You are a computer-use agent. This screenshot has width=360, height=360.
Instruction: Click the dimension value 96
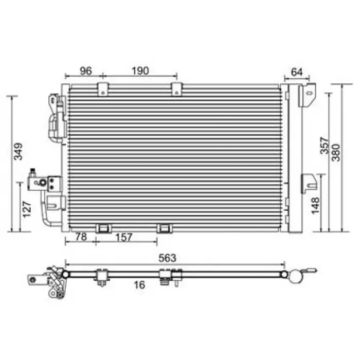pos(86,71)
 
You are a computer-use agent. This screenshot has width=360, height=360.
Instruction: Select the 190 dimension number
pos(140,71)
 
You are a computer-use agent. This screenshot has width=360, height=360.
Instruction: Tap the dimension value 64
pos(297,72)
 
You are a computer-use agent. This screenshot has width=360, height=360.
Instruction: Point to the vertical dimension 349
pos(19,151)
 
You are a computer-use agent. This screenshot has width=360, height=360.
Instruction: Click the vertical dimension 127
pos(27,209)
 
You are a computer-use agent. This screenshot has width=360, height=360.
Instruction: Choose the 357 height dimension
pos(325,146)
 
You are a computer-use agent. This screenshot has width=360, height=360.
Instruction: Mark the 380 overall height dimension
pos(336,153)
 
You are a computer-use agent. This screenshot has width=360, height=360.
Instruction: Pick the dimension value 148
pos(315,205)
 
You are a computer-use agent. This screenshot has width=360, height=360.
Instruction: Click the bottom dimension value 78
pos(81,237)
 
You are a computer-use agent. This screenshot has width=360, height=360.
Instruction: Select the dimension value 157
pos(124,238)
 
